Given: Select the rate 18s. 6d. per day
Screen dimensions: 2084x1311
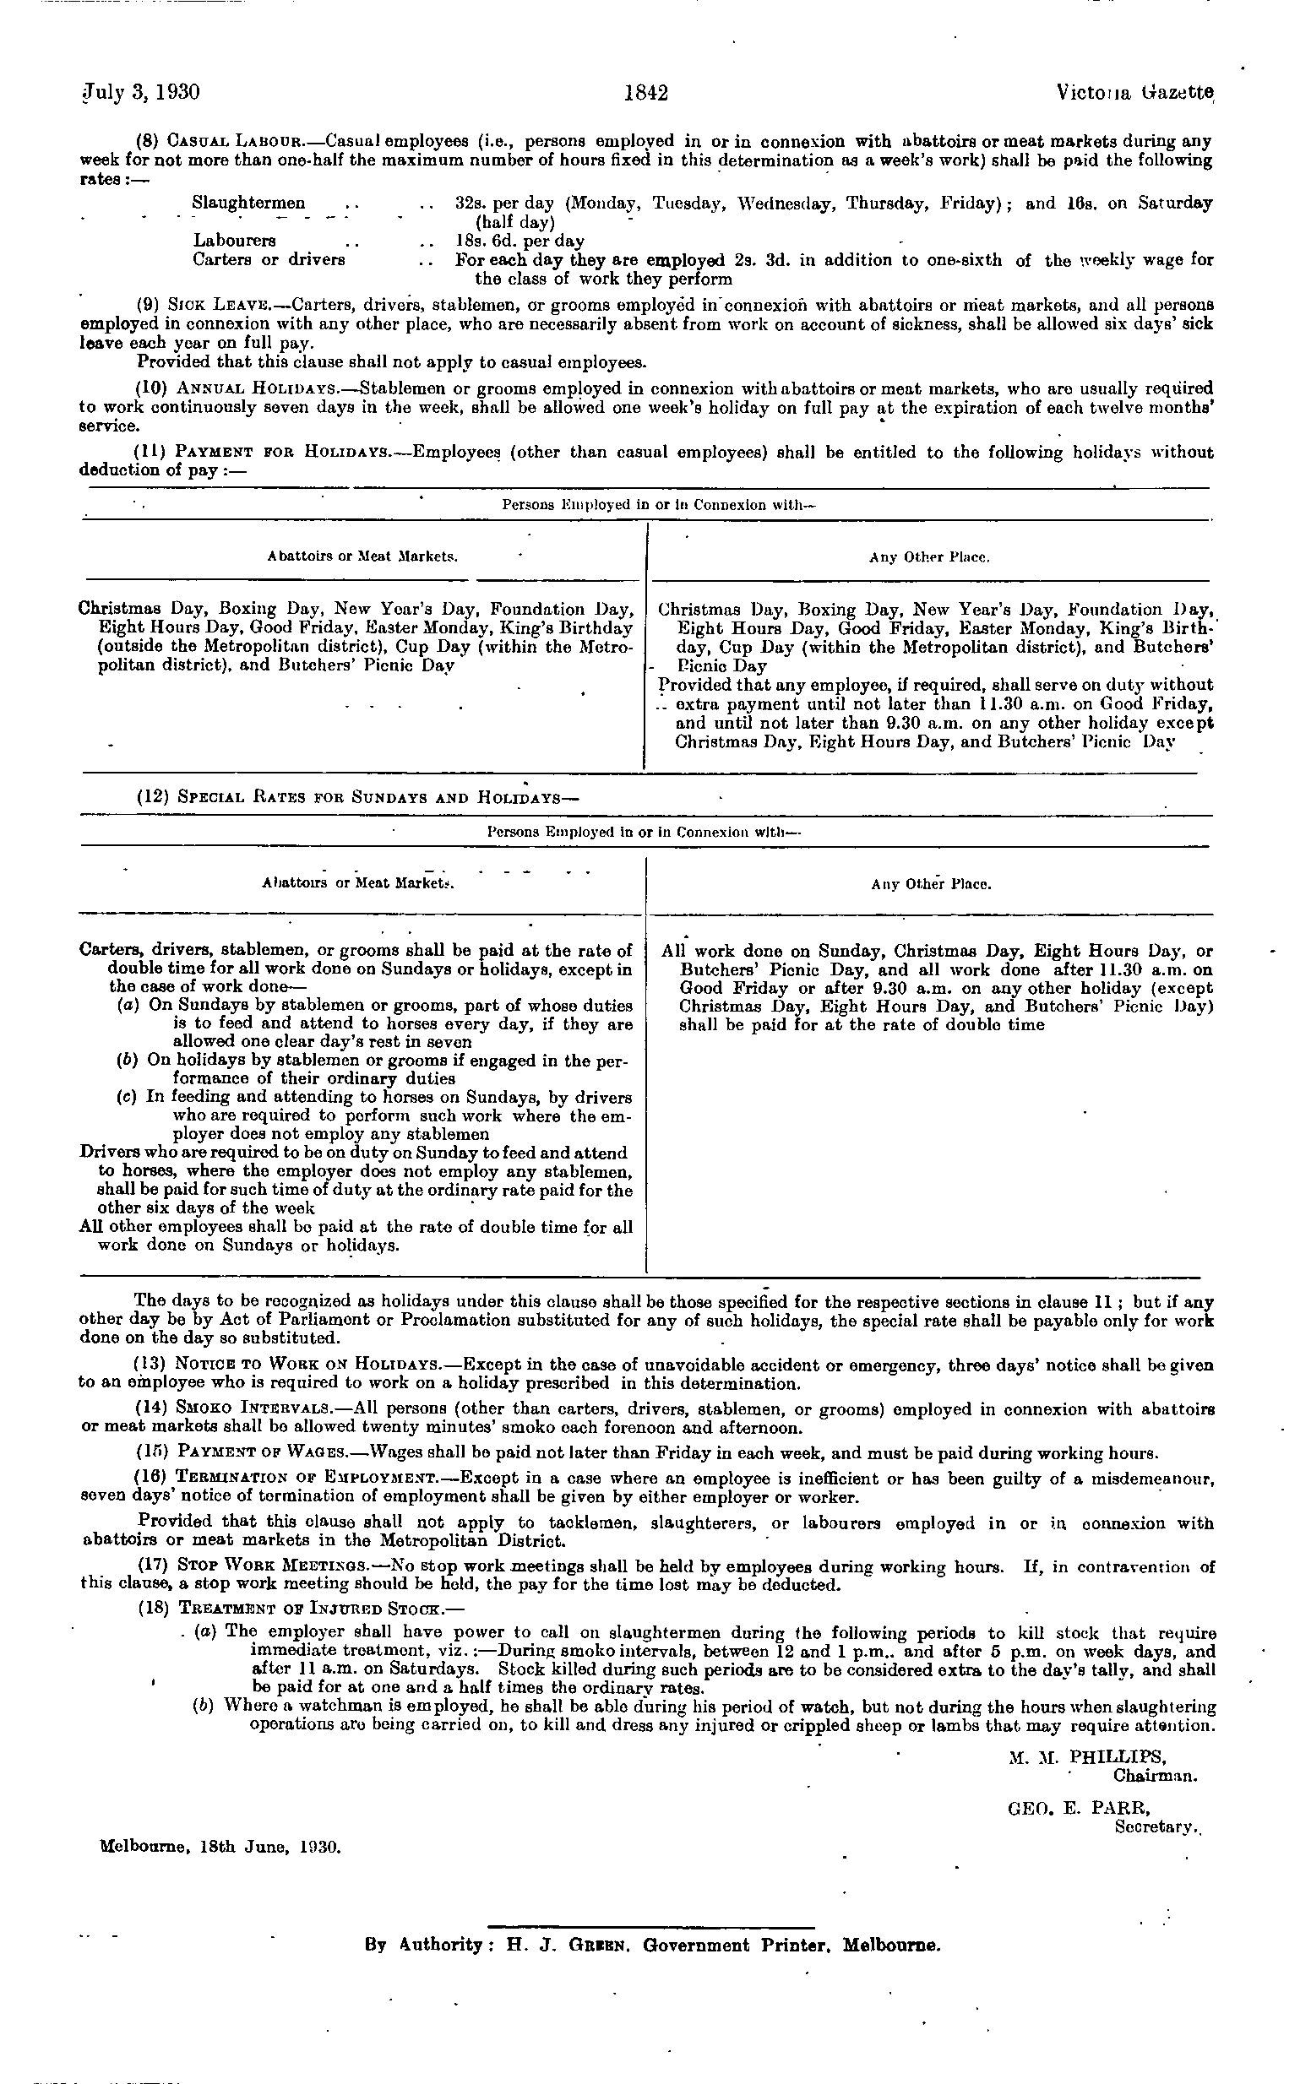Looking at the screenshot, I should tap(519, 241).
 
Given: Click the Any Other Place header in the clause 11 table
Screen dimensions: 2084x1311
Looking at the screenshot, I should tap(928, 558).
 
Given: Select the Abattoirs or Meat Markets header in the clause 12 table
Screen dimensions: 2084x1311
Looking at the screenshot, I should tap(357, 884).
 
